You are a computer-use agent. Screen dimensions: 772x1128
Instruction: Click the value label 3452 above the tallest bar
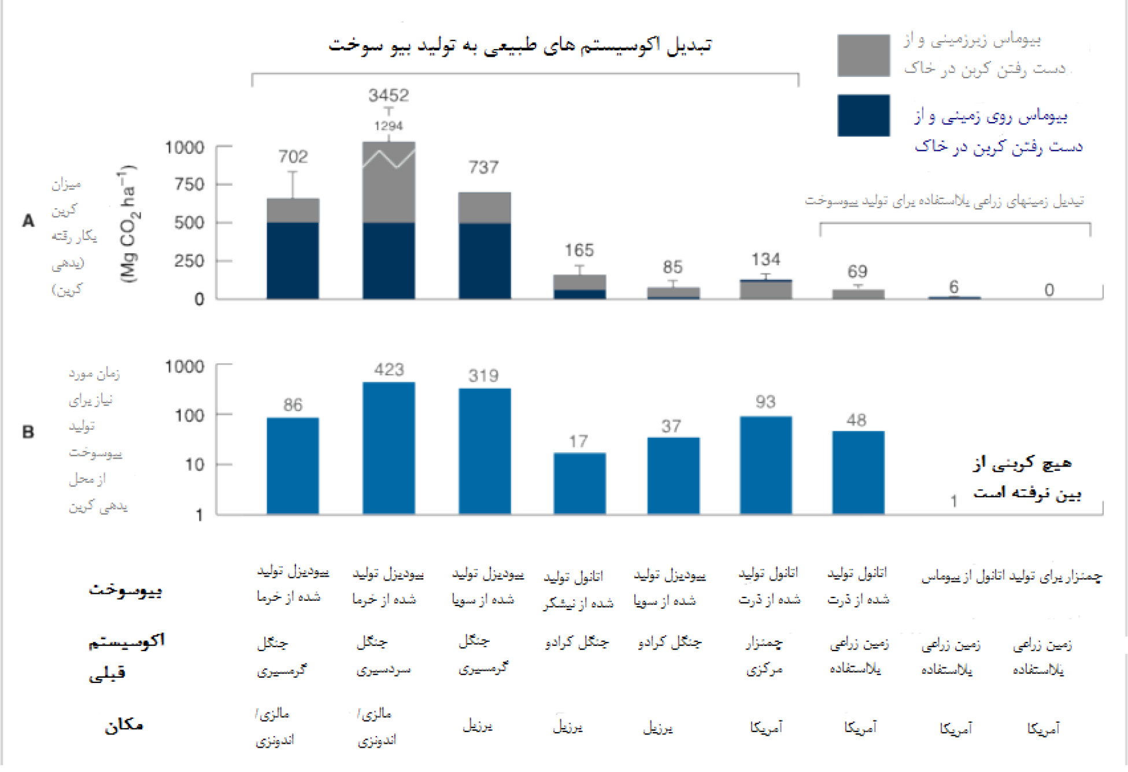click(x=389, y=95)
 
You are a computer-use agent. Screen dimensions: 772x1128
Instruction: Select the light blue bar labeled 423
click(x=389, y=448)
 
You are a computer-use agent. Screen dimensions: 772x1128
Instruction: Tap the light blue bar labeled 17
click(x=579, y=483)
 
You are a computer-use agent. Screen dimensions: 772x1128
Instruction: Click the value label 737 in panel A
click(x=483, y=168)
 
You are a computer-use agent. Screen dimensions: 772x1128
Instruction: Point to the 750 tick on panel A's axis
click(x=190, y=184)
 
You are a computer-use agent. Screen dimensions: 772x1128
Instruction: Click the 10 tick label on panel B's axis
click(x=194, y=464)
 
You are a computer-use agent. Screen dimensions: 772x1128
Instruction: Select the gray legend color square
click(x=863, y=56)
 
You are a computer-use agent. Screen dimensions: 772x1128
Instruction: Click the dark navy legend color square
click(x=863, y=116)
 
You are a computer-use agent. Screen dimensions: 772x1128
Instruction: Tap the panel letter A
click(x=28, y=221)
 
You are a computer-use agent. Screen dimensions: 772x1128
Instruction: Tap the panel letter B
click(x=28, y=432)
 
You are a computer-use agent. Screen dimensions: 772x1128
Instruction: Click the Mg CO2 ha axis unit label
click(x=128, y=224)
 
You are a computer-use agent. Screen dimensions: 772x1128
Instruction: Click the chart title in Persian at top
click(x=520, y=45)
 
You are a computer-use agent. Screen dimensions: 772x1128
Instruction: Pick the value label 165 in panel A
click(x=579, y=250)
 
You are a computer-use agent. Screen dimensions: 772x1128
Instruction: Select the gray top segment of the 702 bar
click(x=293, y=210)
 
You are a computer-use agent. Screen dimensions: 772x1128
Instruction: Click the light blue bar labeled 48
click(x=858, y=472)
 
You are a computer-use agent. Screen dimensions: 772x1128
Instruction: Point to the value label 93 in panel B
click(x=765, y=402)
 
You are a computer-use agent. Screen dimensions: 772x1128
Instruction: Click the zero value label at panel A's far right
click(x=1049, y=290)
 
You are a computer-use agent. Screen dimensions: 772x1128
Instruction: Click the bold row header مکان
click(x=124, y=725)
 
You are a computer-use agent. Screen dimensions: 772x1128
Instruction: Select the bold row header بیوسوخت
click(x=125, y=590)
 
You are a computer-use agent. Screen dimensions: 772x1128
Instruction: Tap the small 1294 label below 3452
click(x=389, y=126)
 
